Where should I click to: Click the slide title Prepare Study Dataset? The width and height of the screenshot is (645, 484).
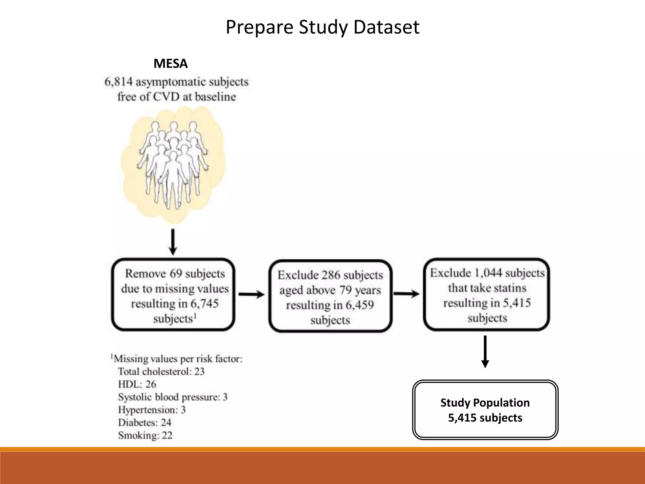(322, 27)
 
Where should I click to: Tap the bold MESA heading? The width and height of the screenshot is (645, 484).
(170, 64)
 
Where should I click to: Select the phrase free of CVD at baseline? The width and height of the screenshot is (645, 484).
(176, 97)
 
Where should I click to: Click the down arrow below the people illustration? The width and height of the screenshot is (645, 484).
(173, 242)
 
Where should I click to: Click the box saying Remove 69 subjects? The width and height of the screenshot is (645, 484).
(173, 295)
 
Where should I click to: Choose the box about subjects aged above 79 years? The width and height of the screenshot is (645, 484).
(330, 296)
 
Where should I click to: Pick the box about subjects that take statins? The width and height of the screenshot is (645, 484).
(487, 295)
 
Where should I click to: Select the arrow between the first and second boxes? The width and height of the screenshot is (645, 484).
(251, 295)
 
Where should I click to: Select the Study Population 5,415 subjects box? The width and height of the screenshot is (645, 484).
(485, 410)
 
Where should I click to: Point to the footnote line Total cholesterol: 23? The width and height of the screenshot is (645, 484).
(161, 372)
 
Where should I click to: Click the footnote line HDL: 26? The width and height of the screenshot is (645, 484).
(137, 384)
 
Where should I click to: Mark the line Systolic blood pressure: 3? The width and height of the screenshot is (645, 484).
(173, 397)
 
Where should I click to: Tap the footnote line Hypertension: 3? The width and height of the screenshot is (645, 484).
(152, 410)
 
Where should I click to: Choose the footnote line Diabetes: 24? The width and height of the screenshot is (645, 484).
(145, 423)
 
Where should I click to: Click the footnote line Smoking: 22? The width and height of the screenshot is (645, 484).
(145, 435)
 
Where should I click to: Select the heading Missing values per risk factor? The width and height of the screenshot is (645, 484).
(178, 359)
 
